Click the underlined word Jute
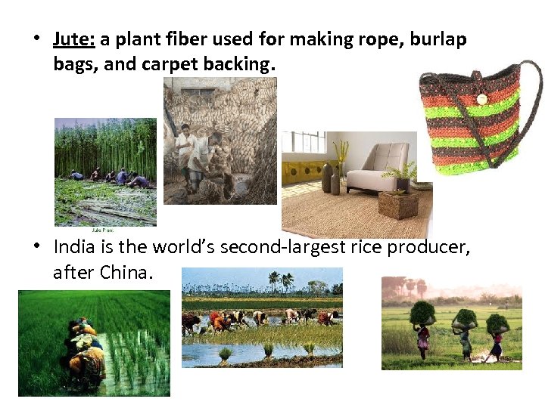coord(73,39)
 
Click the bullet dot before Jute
coord(38,39)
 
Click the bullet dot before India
coord(38,248)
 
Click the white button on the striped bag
coord(481,99)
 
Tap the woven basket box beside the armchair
coord(398,204)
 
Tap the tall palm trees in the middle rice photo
coord(280,281)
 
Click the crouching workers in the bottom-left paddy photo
coord(86,348)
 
